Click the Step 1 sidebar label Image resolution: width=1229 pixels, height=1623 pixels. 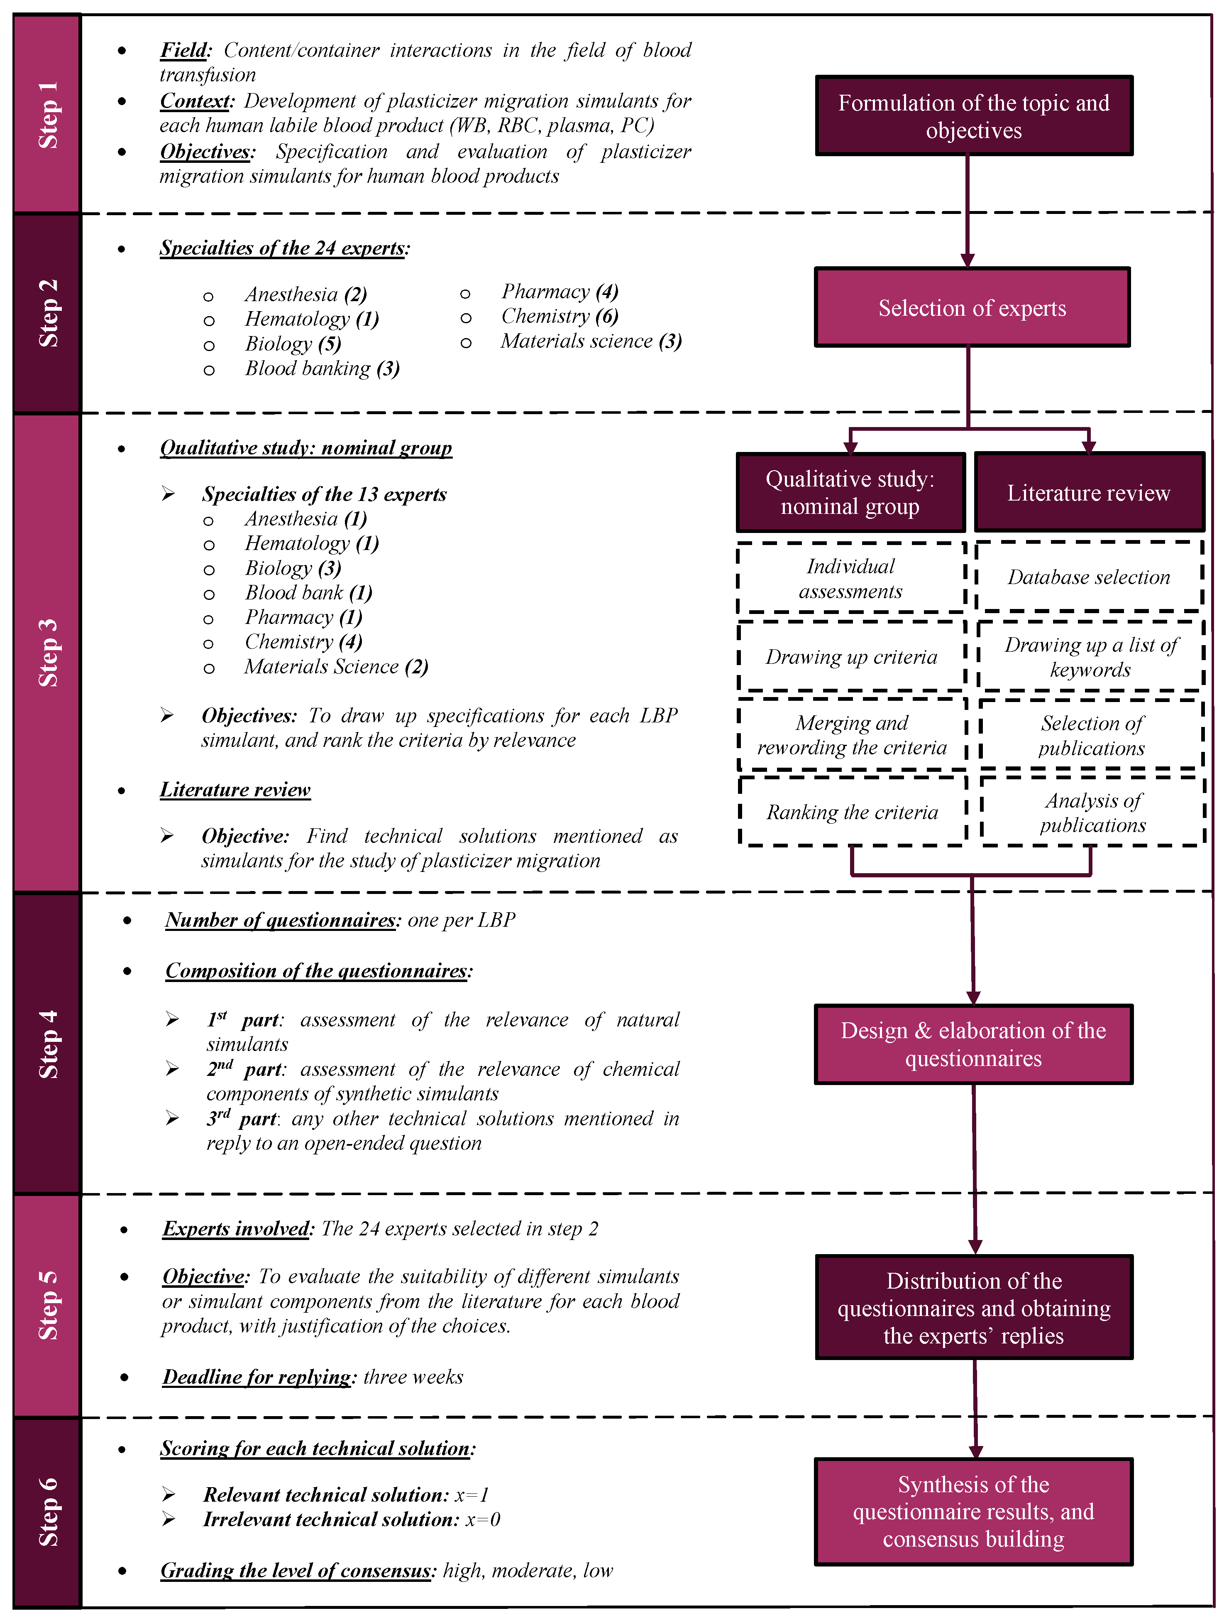[x=48, y=115]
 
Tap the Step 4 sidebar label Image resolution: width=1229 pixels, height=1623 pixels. [x=48, y=1044]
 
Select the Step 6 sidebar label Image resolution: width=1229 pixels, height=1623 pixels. [x=48, y=1512]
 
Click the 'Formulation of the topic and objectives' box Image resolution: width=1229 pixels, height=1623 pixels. [x=974, y=116]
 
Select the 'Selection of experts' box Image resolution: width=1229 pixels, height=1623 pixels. [x=972, y=307]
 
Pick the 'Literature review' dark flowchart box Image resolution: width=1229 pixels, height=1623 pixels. [x=1089, y=492]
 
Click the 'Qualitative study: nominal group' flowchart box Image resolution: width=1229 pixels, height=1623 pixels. [x=850, y=492]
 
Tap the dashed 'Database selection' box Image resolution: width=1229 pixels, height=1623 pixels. [x=1089, y=577]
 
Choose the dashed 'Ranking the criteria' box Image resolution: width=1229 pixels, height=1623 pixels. [x=852, y=812]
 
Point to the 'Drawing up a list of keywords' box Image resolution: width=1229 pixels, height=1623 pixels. [x=1090, y=657]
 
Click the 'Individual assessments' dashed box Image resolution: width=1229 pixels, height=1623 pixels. [x=850, y=578]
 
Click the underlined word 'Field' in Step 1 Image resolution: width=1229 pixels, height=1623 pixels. [x=184, y=50]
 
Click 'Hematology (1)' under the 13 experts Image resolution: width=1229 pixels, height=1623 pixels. [x=312, y=544]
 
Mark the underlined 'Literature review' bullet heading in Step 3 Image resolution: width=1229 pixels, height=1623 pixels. [x=235, y=790]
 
